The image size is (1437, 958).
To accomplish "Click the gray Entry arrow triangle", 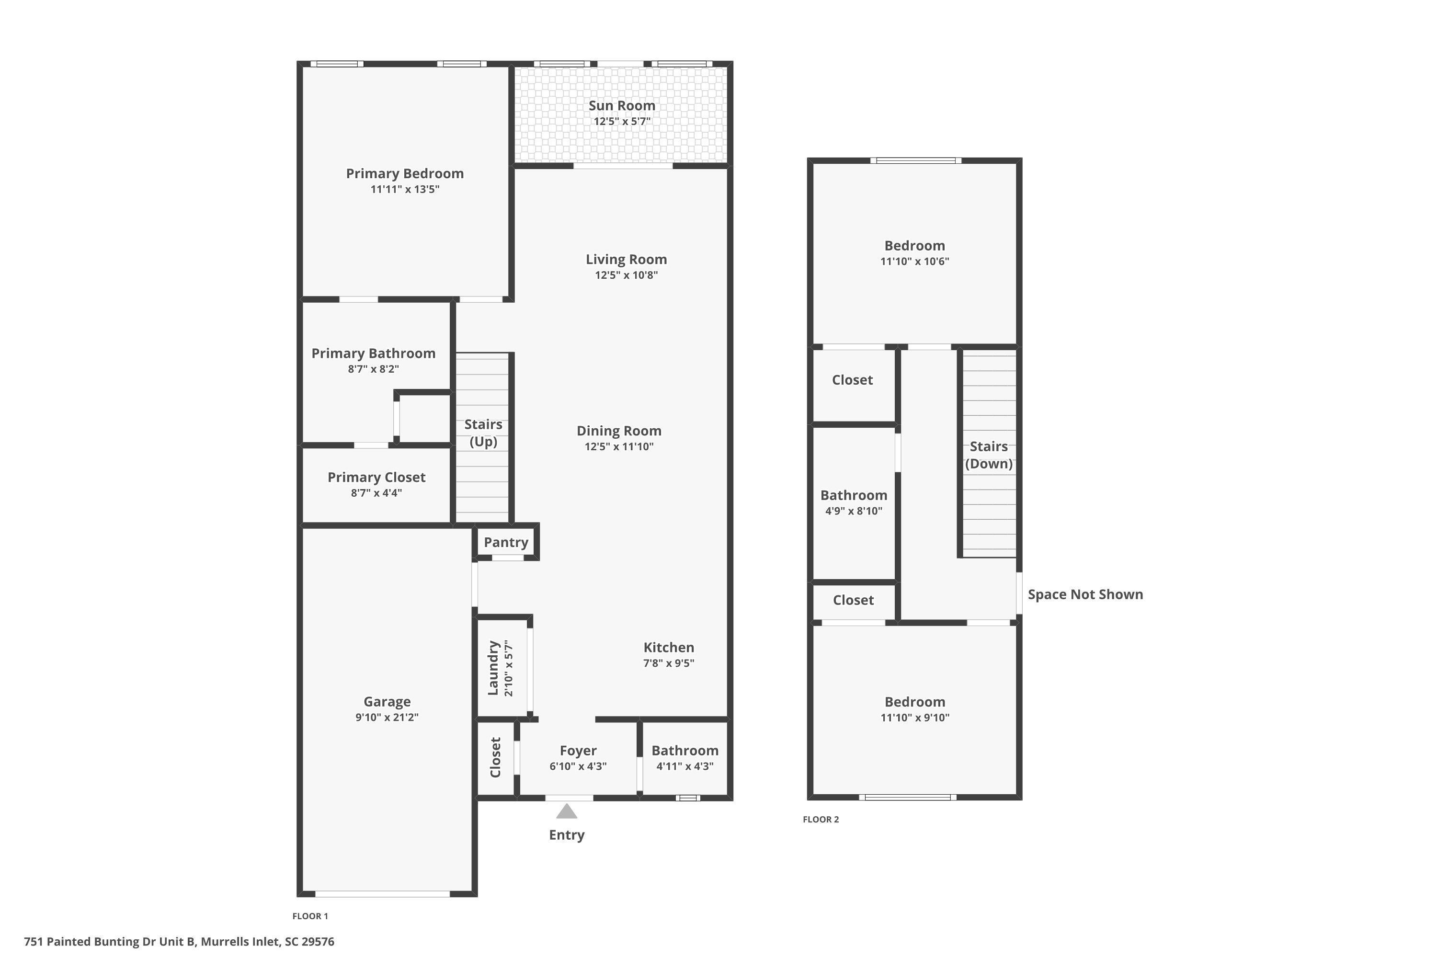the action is click(566, 811).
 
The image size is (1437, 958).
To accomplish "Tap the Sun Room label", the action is click(622, 106).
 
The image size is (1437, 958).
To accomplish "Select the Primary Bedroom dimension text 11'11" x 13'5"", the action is click(404, 189).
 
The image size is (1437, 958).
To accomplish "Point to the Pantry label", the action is click(506, 543).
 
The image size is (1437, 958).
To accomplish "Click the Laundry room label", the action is click(493, 668).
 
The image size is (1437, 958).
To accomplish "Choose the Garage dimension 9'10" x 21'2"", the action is click(387, 717).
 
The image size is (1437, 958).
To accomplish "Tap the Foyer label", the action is click(578, 751).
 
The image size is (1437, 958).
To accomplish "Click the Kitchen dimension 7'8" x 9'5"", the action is click(668, 663).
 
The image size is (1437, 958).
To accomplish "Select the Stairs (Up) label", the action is click(483, 433).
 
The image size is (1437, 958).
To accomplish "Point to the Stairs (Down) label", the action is click(989, 455).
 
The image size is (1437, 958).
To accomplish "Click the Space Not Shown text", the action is click(1085, 594).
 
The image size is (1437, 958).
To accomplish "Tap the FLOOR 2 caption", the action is click(821, 819).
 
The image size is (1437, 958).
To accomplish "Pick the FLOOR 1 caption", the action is click(310, 916).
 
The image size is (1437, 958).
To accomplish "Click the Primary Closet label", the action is click(376, 478).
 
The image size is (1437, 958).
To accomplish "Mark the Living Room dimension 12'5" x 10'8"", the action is click(626, 275).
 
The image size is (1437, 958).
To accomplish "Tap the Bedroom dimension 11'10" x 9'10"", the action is click(914, 718).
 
